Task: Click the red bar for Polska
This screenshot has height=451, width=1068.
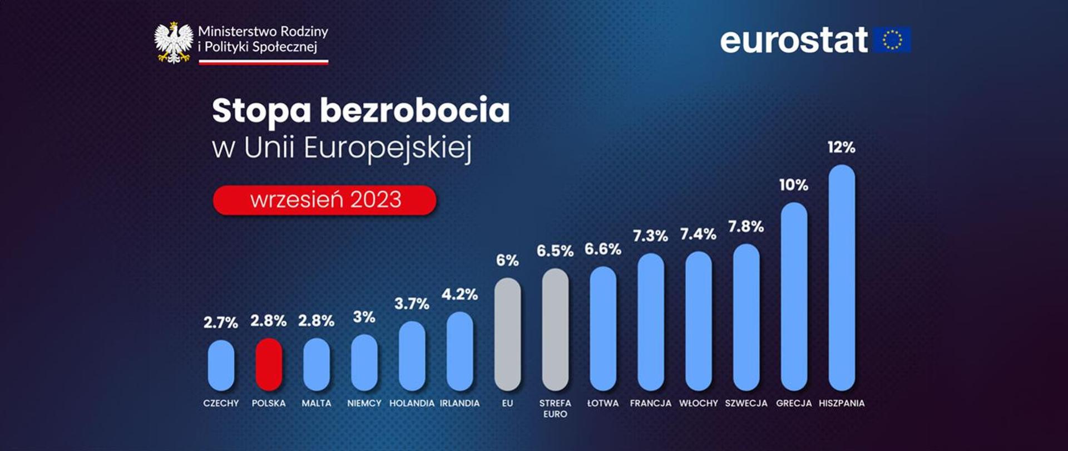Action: click(269, 364)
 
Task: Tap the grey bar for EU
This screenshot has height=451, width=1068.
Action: click(507, 334)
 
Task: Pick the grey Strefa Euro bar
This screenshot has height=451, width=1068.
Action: click(555, 330)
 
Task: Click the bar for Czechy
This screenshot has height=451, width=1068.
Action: click(221, 365)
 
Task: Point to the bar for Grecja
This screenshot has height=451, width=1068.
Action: click(794, 296)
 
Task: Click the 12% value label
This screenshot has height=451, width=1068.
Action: click(841, 148)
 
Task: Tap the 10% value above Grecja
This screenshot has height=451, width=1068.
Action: click(794, 185)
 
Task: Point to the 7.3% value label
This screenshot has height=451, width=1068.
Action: click(650, 236)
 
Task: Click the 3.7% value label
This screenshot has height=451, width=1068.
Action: click(412, 304)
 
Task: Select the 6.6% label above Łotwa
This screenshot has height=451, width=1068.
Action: click(602, 249)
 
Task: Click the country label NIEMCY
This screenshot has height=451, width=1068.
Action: click(364, 403)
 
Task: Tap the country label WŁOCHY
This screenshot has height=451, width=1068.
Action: click(698, 403)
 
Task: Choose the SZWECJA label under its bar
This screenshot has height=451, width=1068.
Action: click(746, 403)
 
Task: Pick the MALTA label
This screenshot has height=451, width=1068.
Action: click(317, 403)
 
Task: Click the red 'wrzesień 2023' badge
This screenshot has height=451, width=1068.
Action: click(325, 200)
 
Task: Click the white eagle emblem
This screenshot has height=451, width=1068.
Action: click(174, 42)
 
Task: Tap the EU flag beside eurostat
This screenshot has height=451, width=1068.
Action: click(892, 40)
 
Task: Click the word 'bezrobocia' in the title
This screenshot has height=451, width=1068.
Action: click(414, 110)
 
